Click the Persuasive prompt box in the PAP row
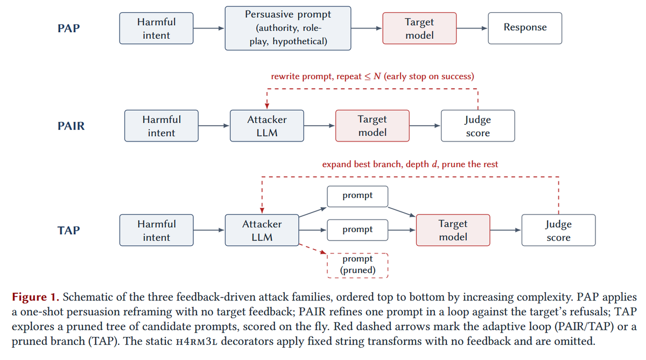[288, 28]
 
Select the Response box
[525, 28]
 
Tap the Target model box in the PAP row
[419, 28]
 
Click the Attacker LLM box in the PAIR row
[267, 126]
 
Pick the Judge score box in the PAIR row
[478, 126]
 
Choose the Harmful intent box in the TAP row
[156, 230]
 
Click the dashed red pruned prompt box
[357, 265]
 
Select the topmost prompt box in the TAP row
[357, 196]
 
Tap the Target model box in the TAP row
[453, 230]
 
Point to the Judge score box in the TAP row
[559, 230]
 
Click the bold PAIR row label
[71, 126]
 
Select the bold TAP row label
[69, 230]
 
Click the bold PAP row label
[69, 28]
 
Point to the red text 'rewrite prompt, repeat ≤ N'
[326, 76]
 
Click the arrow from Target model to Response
[472, 28]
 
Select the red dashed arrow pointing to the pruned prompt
[313, 249]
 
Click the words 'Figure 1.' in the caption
[36, 297]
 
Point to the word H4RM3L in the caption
[196, 342]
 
